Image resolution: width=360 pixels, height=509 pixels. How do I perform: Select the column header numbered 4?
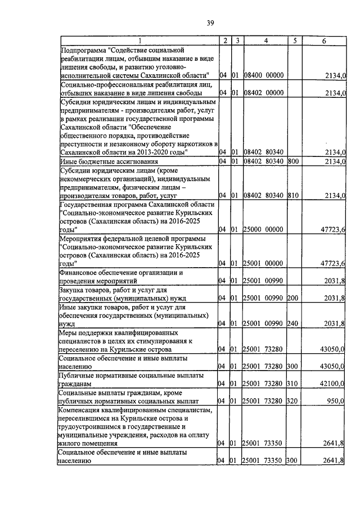point(265,40)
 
